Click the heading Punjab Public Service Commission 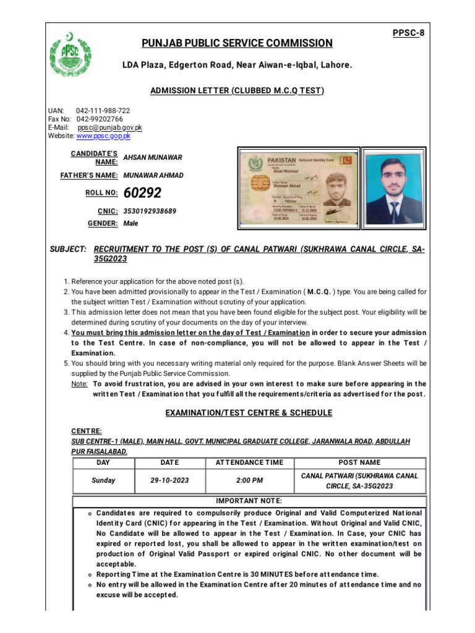click(x=237, y=43)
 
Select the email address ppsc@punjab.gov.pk click(x=109, y=127)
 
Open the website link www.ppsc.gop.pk click(x=103, y=135)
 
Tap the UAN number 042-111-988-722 click(x=103, y=111)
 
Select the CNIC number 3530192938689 click(x=150, y=211)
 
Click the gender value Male click(x=131, y=224)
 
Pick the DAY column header click(x=103, y=462)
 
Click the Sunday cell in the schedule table click(x=103, y=480)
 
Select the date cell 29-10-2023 click(x=169, y=480)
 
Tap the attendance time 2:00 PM click(x=249, y=480)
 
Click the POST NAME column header click(x=360, y=462)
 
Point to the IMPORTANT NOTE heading click(x=249, y=501)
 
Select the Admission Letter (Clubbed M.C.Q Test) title click(x=237, y=91)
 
